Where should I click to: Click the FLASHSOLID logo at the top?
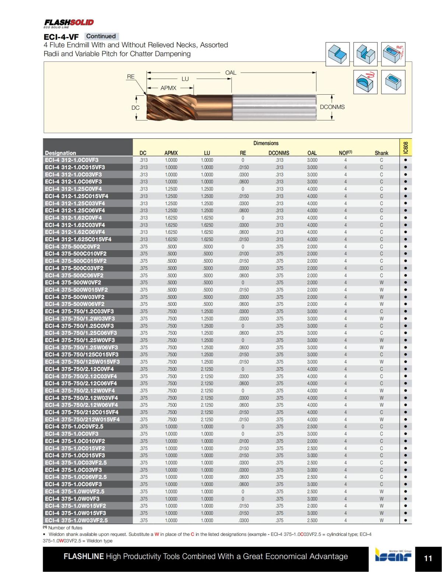pos(69,23)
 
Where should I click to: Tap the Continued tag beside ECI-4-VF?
pos(101,36)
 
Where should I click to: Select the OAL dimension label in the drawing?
pos(231,73)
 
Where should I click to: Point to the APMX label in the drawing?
pos(168,88)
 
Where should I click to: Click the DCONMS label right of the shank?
pos(332,107)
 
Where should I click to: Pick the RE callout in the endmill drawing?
pos(131,77)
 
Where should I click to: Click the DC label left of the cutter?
pos(136,108)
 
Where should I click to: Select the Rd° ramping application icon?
pos(393,54)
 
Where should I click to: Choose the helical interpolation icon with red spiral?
pos(365,82)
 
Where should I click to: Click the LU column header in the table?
pos(207,153)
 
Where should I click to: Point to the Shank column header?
pos(381,153)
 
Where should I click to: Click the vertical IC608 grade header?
pos(406,148)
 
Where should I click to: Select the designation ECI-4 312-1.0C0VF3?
pos(72,160)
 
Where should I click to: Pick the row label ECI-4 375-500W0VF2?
pos(73,283)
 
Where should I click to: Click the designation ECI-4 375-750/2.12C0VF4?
pos(79,369)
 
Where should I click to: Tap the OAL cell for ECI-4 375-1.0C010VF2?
pos(312,441)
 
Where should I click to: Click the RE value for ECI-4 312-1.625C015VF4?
pos(243,239)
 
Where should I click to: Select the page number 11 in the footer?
pos(428,558)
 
